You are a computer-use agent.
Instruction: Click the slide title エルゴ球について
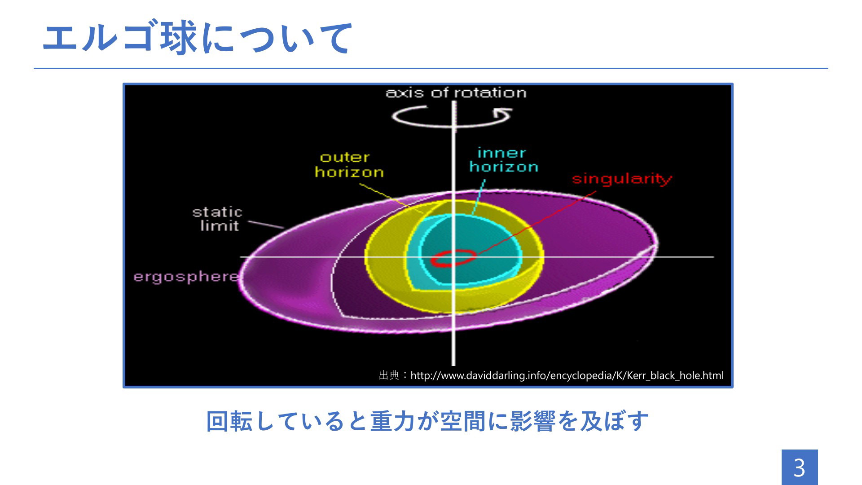click(x=198, y=38)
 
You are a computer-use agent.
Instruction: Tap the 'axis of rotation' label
click(x=456, y=93)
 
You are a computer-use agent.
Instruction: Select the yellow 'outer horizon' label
click(x=349, y=165)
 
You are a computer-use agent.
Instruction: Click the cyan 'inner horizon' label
click(x=503, y=160)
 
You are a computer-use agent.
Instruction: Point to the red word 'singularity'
click(x=622, y=179)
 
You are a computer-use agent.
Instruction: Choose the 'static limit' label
click(x=218, y=219)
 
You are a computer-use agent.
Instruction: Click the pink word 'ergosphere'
click(x=186, y=277)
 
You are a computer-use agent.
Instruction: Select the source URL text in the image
click(x=567, y=375)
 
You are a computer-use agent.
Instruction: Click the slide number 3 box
click(x=800, y=467)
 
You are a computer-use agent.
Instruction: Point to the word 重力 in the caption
click(x=393, y=421)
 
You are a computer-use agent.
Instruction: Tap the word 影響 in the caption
click(x=533, y=421)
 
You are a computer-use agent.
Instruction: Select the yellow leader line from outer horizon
click(x=391, y=198)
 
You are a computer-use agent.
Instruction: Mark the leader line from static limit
click(x=266, y=225)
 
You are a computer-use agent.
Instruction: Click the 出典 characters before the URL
click(x=389, y=375)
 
